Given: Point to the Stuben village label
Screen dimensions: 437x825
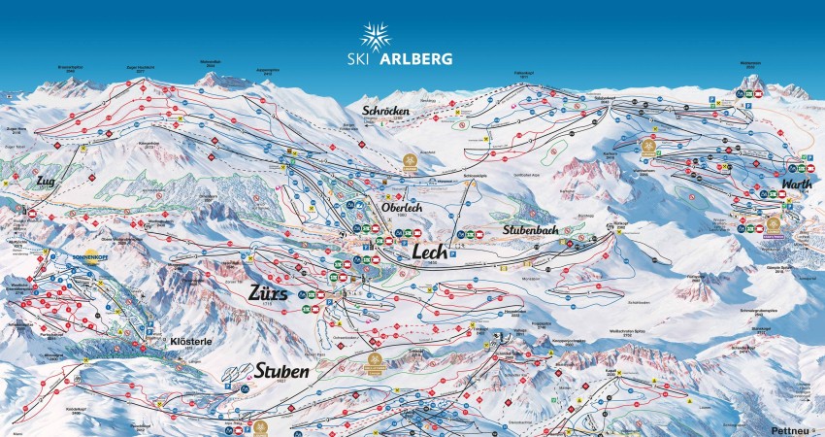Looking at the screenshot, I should point(283,371).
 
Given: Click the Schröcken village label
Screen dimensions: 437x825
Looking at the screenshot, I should point(386,111).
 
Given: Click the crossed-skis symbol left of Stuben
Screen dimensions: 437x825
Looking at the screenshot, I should point(234,374).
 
